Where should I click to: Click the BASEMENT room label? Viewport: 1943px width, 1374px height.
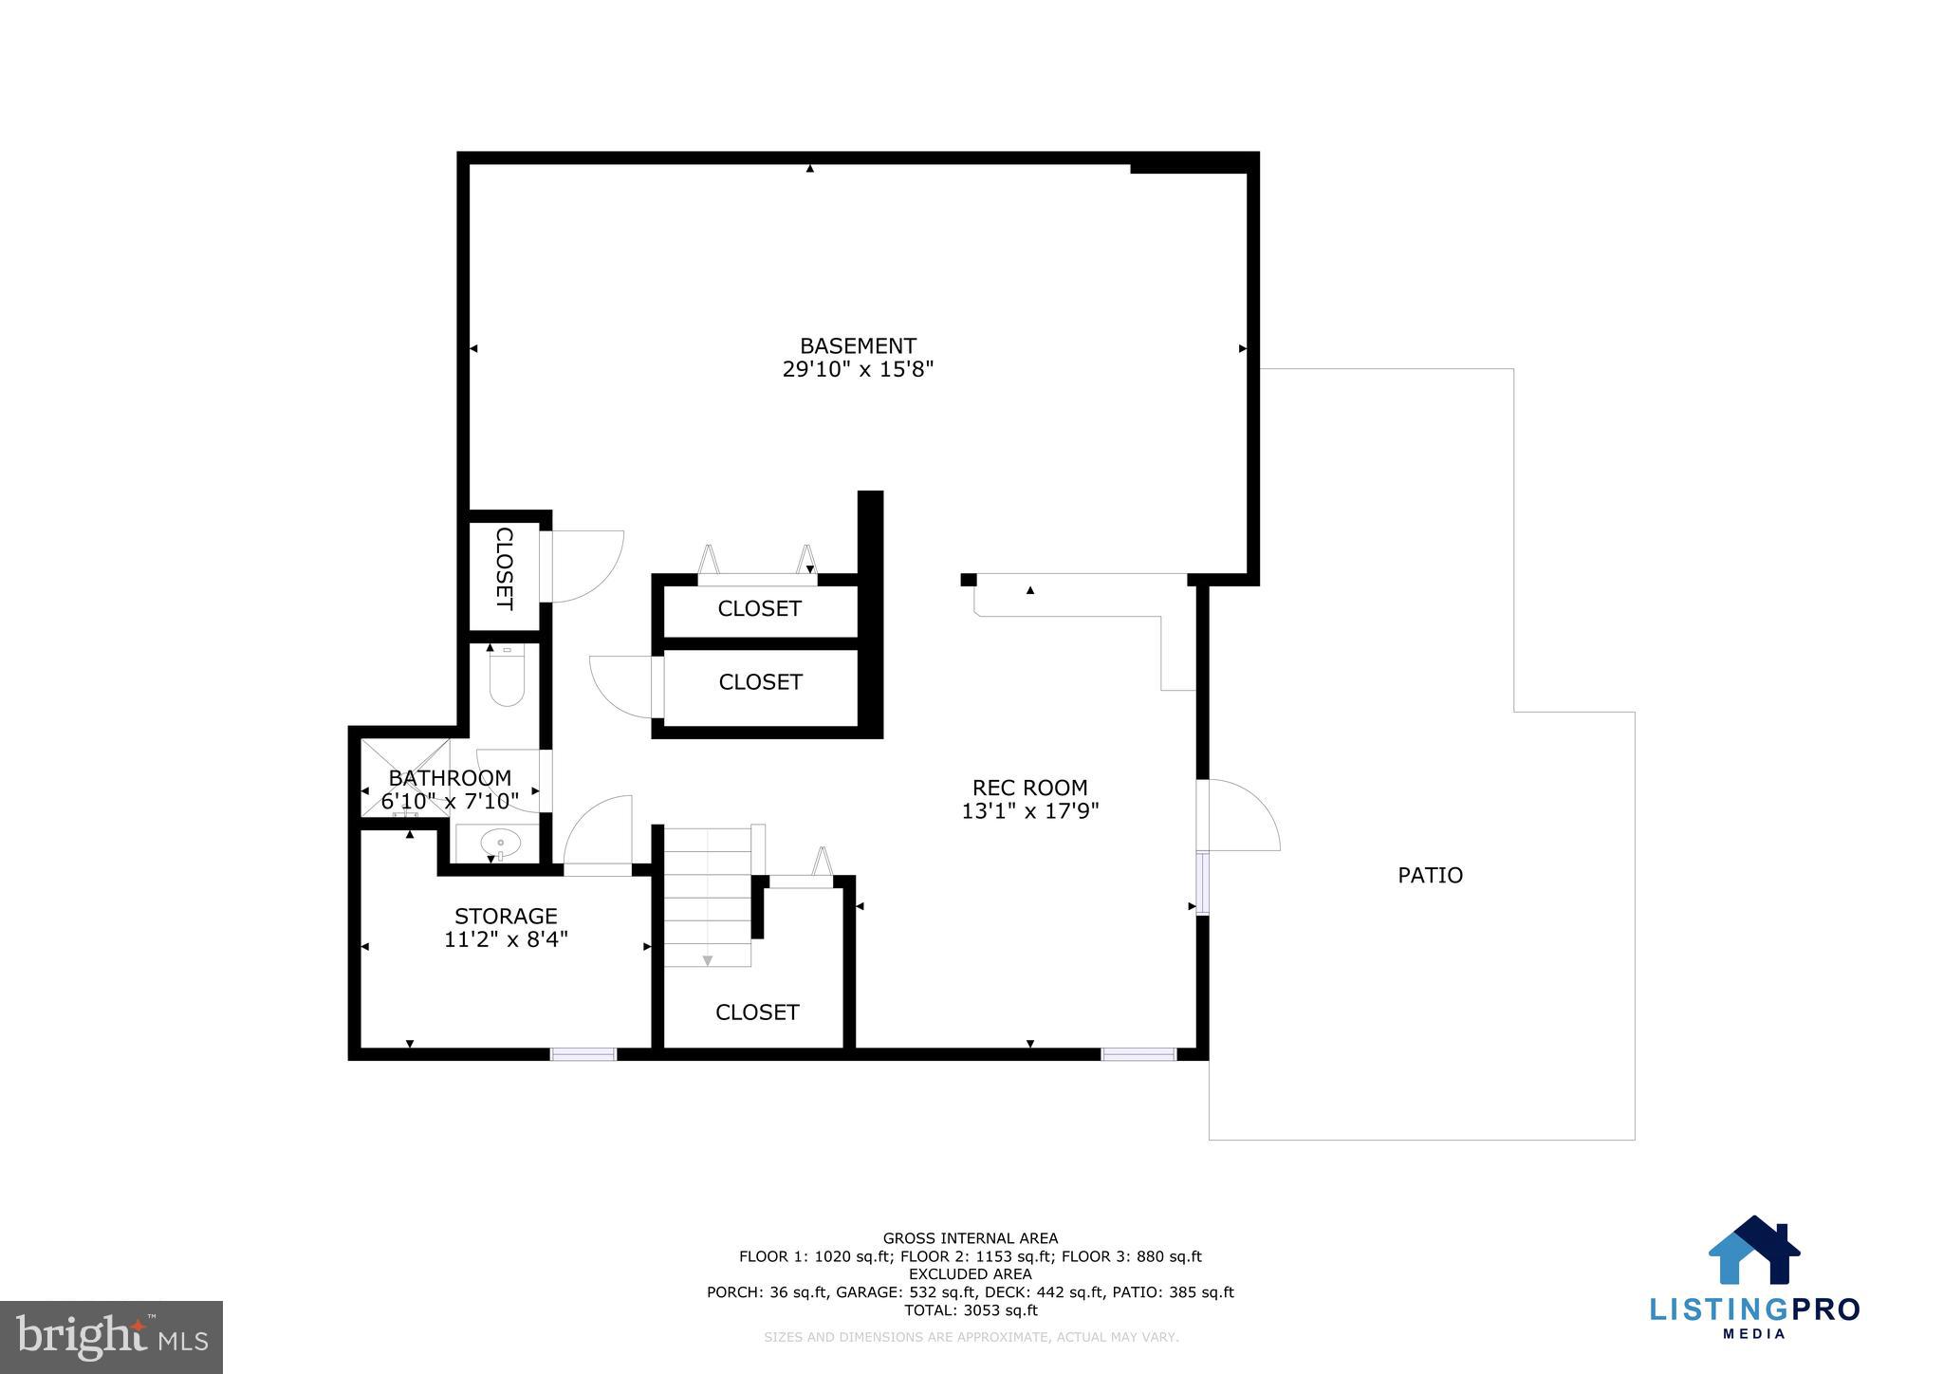pyautogui.click(x=858, y=346)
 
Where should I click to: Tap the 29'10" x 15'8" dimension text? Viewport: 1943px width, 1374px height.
pyautogui.click(x=858, y=370)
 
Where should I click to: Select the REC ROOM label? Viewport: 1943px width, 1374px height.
pyautogui.click(x=1029, y=788)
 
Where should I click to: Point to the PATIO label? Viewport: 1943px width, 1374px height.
pyautogui.click(x=1430, y=875)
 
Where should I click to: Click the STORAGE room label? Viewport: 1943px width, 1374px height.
pyautogui.click(x=506, y=917)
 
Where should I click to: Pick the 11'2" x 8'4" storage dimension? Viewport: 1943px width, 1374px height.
pyautogui.click(x=506, y=940)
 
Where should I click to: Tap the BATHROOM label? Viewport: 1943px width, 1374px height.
pyautogui.click(x=450, y=778)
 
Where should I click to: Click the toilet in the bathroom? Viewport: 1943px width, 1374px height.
pyautogui.click(x=507, y=679)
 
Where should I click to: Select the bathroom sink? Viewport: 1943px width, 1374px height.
pyautogui.click(x=500, y=842)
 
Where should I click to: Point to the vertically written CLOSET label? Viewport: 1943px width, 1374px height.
pyautogui.click(x=505, y=568)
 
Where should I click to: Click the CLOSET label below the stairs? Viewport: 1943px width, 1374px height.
pyautogui.click(x=757, y=1012)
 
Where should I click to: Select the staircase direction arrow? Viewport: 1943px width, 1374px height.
pyautogui.click(x=707, y=960)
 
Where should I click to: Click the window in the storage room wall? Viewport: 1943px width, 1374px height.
pyautogui.click(x=583, y=1053)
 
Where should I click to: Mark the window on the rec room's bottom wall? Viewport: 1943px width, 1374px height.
pyautogui.click(x=1138, y=1053)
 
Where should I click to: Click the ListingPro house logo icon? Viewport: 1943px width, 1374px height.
pyautogui.click(x=1754, y=1250)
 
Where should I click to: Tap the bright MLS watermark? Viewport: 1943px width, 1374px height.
pyautogui.click(x=111, y=1337)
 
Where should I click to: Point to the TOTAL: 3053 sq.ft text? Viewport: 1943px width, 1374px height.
pyautogui.click(x=970, y=1310)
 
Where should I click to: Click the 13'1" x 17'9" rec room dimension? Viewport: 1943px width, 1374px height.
pyautogui.click(x=1029, y=811)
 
